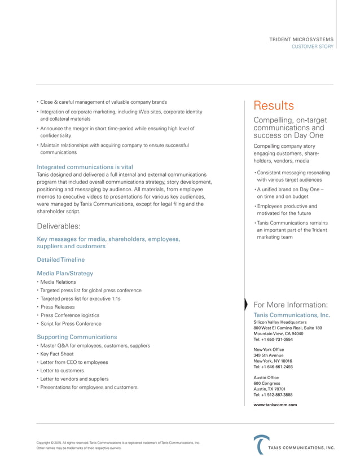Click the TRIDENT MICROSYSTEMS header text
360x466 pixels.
[x=301, y=39]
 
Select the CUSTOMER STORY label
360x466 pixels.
[x=312, y=46]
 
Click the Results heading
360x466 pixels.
[x=274, y=106]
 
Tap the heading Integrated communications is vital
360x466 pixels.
[x=85, y=167]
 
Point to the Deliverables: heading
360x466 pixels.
[x=58, y=226]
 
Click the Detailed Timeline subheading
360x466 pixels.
[x=60, y=260]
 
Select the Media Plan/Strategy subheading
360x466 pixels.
[x=65, y=273]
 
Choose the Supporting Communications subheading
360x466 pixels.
[x=77, y=336]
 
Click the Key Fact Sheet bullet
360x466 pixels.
[x=56, y=354]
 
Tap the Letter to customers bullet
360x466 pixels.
[x=62, y=371]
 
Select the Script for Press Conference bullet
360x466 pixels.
[x=71, y=324]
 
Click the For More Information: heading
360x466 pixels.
[x=291, y=305]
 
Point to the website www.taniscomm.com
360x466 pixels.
[x=275, y=405]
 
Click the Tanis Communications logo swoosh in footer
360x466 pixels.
[x=260, y=444]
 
